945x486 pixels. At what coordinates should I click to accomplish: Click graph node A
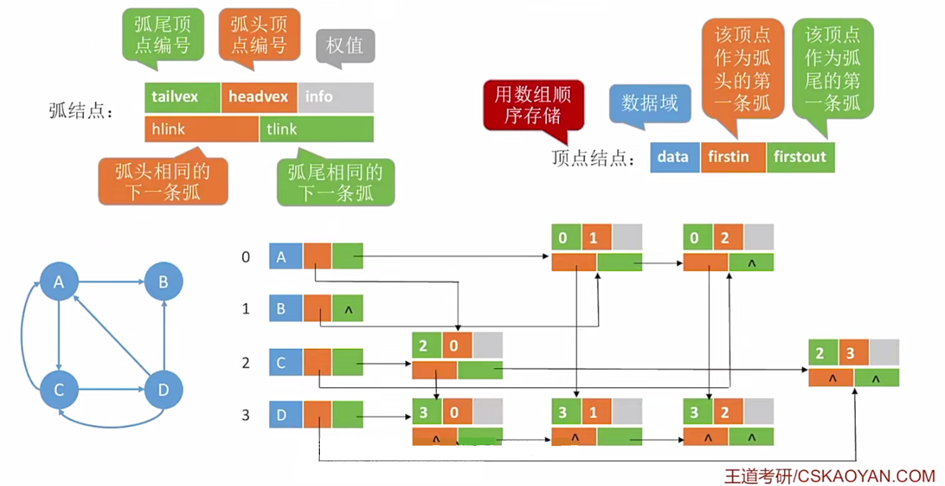click(59, 282)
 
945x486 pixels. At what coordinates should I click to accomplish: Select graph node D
click(164, 390)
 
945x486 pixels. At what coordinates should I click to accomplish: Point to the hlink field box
click(201, 129)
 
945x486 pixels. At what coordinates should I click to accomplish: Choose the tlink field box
click(317, 129)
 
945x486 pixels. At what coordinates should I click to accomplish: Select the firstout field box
click(801, 157)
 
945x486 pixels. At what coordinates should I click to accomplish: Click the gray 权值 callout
click(345, 46)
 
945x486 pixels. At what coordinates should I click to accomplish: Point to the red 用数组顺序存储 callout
click(533, 105)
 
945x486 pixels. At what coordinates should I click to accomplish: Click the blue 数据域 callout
click(650, 103)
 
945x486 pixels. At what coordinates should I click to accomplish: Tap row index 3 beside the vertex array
click(246, 415)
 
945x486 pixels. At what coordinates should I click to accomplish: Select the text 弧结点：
click(81, 110)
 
